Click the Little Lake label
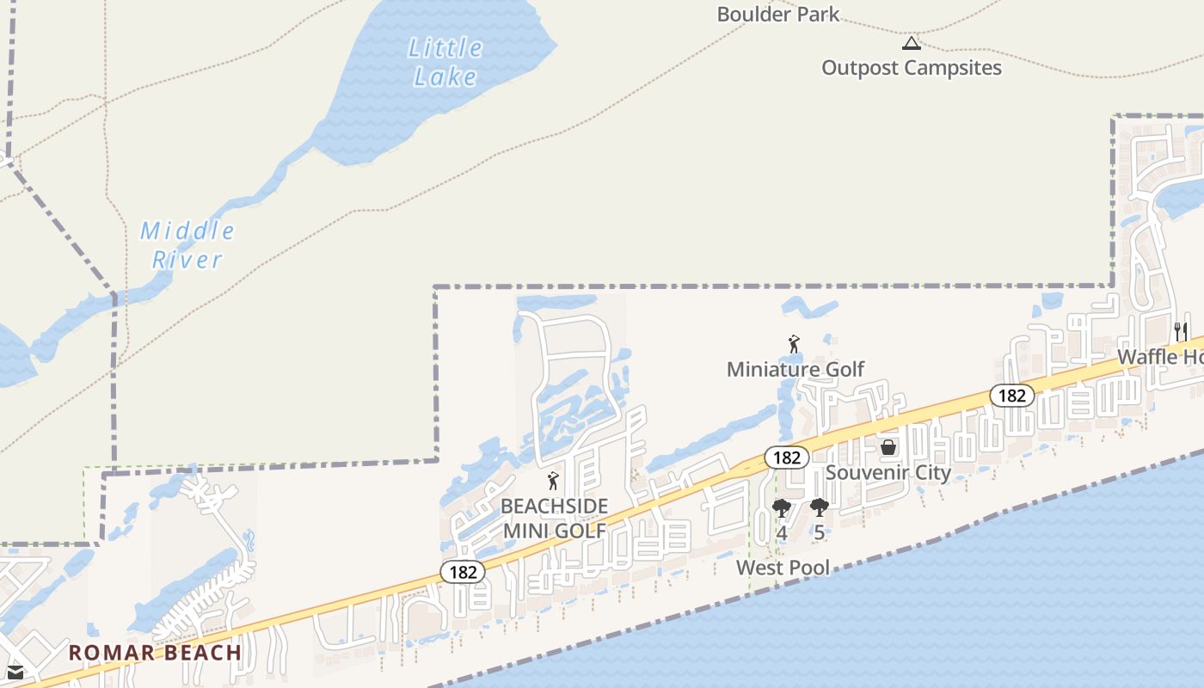pos(445,62)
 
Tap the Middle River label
pos(187,245)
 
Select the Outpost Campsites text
pos(912,68)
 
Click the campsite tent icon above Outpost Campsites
pos(912,43)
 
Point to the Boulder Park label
pos(777,14)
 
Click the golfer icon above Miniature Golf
pos(794,345)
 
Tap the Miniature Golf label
pos(795,370)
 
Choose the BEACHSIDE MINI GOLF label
pos(555,519)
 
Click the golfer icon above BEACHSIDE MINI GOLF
pos(553,482)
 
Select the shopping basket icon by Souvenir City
pos(888,447)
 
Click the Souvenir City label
pos(888,473)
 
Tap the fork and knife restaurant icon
pos(1181,331)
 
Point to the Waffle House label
pos(1160,357)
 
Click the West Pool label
pos(783,568)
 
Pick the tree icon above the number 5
pos(819,508)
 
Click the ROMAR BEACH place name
pos(155,653)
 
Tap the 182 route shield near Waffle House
pos(1011,396)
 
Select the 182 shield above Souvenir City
pos(786,458)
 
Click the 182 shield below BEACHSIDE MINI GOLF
pos(463,572)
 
